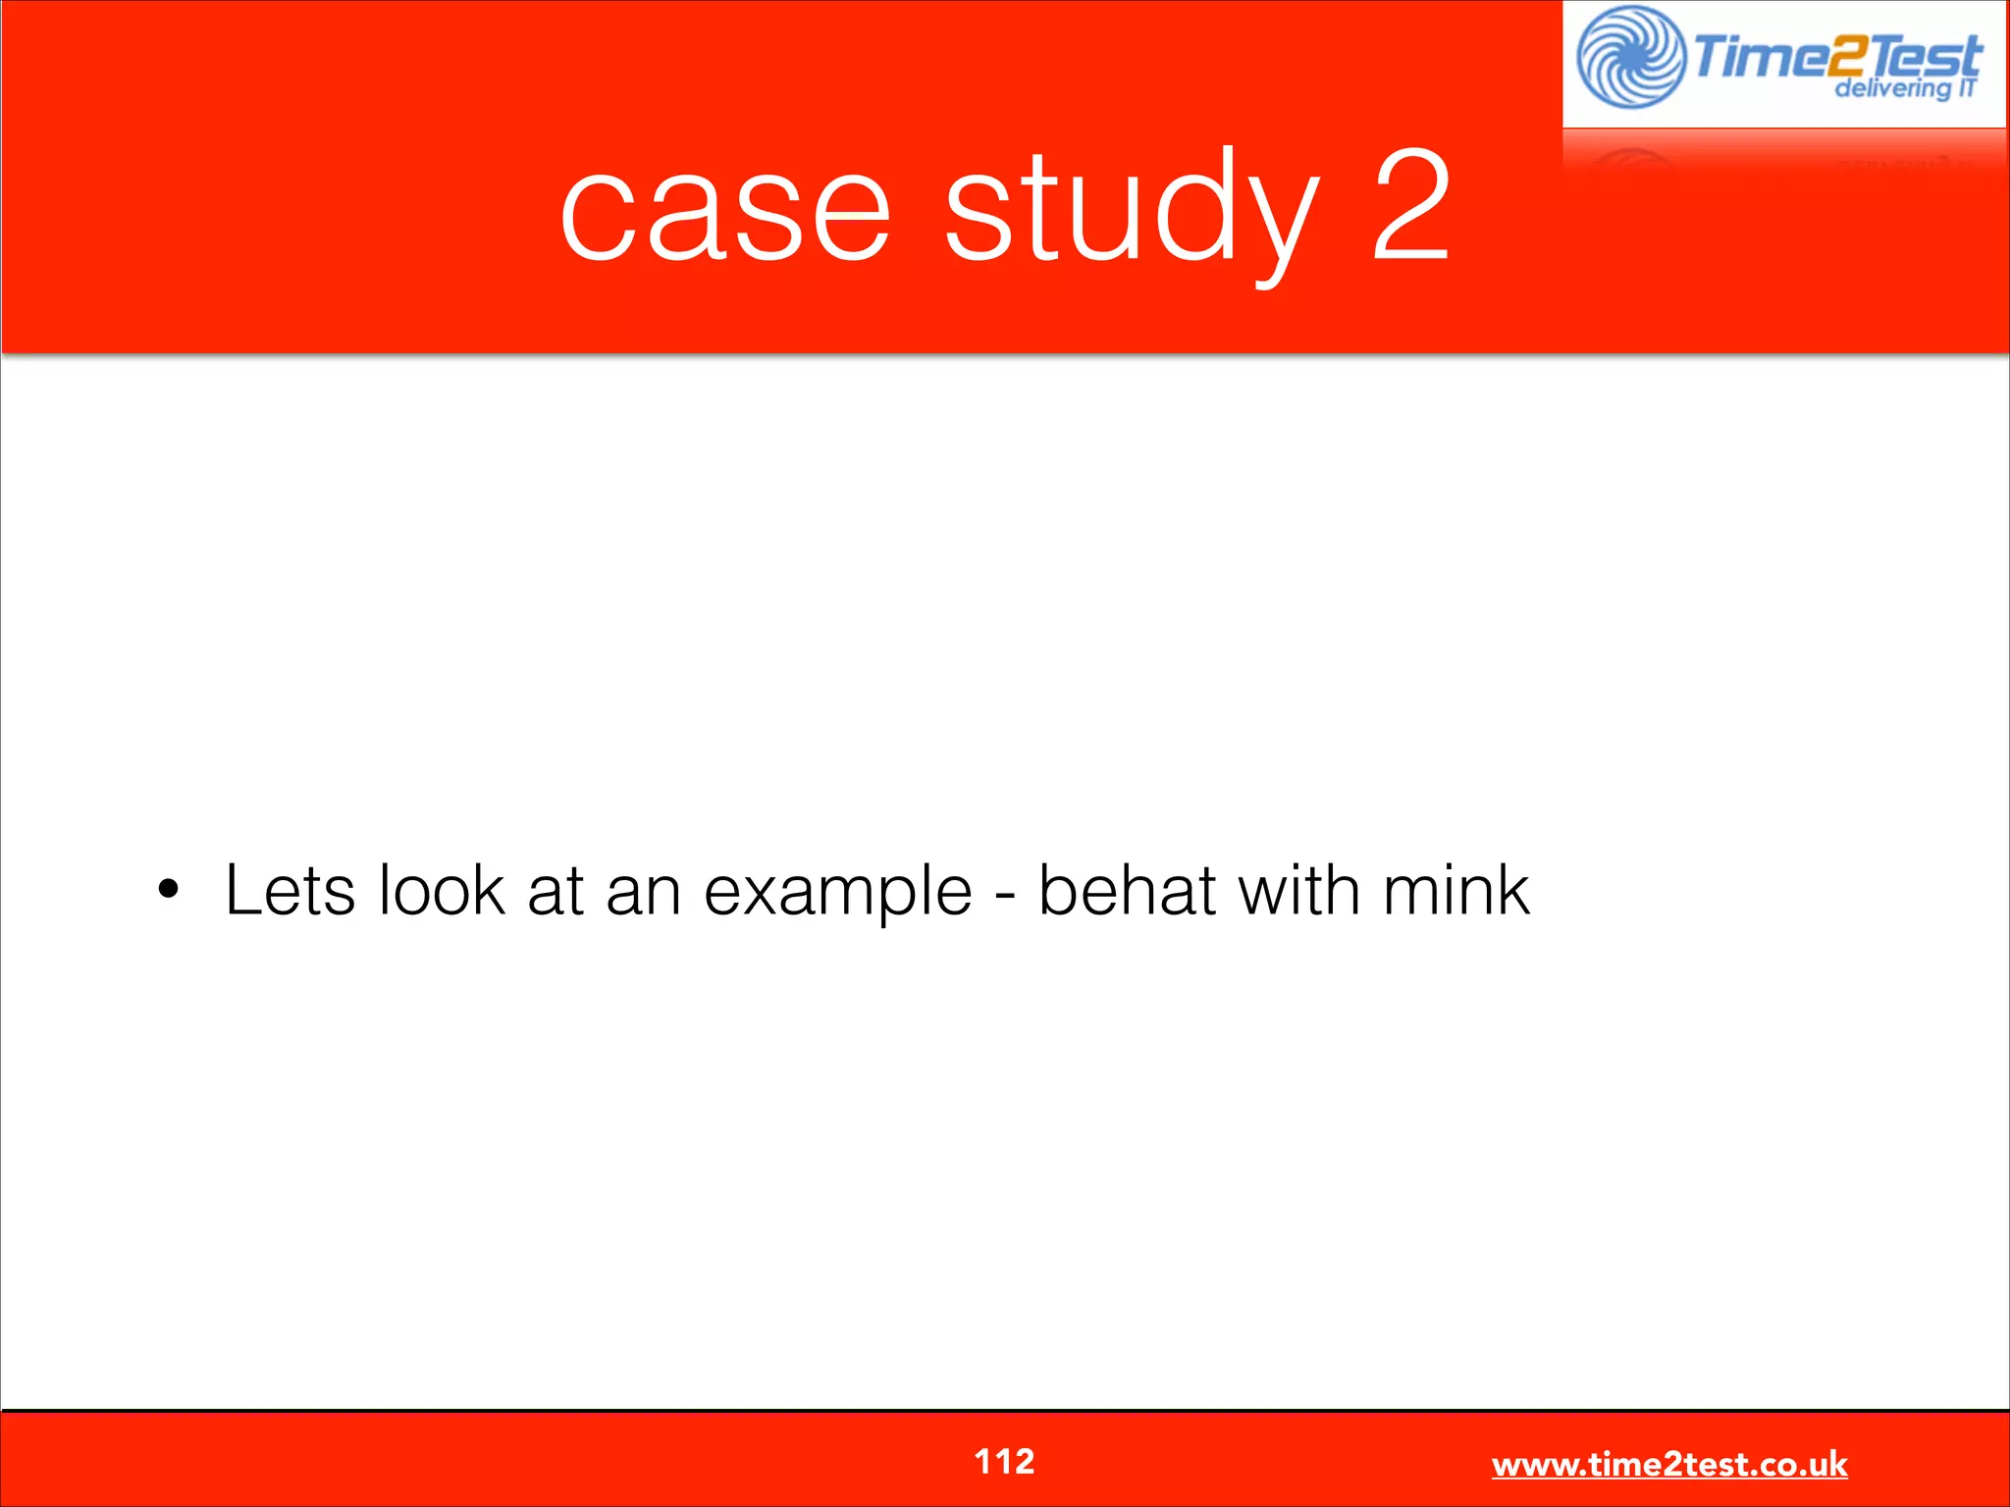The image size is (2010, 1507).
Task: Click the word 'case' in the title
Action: (725, 213)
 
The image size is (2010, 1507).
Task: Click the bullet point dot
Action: (170, 890)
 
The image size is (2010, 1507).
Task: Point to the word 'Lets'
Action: (291, 890)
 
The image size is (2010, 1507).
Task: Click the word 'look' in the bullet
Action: (442, 890)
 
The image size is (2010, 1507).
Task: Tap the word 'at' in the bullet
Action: (555, 892)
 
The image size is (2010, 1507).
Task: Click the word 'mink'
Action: (1455, 890)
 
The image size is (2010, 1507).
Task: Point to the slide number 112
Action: (1004, 1462)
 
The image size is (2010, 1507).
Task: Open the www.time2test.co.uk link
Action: (1669, 1465)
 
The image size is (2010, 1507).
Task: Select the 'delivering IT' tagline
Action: (1904, 89)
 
